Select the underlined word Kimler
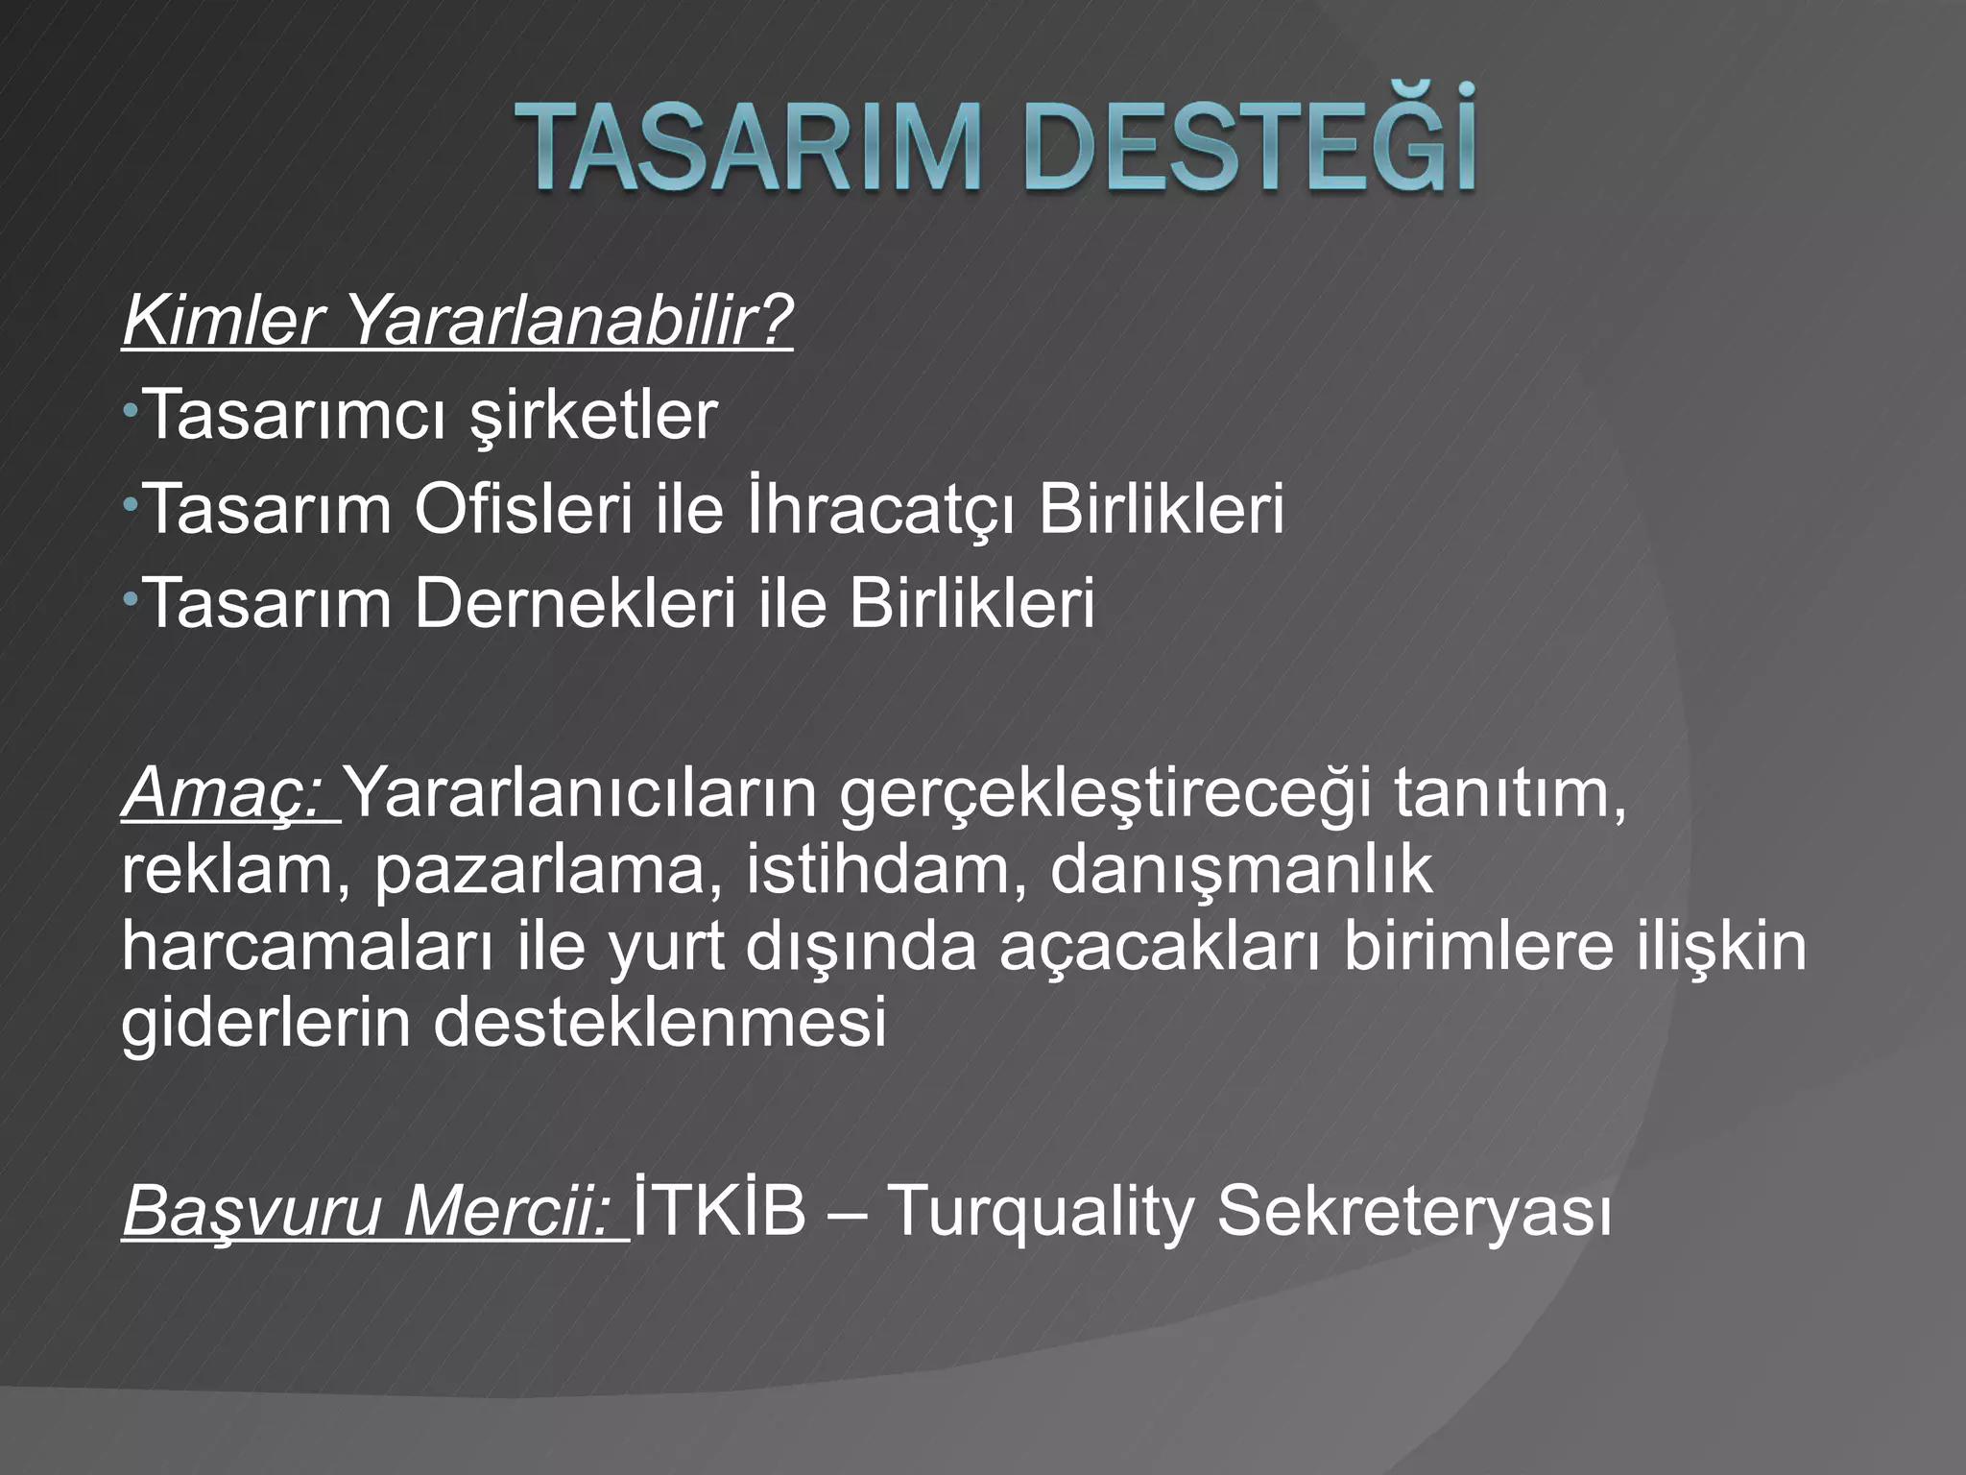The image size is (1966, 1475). click(220, 322)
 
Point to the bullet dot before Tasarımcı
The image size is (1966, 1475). click(130, 412)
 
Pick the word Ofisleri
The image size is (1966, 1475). click(523, 510)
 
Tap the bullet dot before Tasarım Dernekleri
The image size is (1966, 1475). click(130, 600)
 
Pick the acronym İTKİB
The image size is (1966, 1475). click(720, 1210)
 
